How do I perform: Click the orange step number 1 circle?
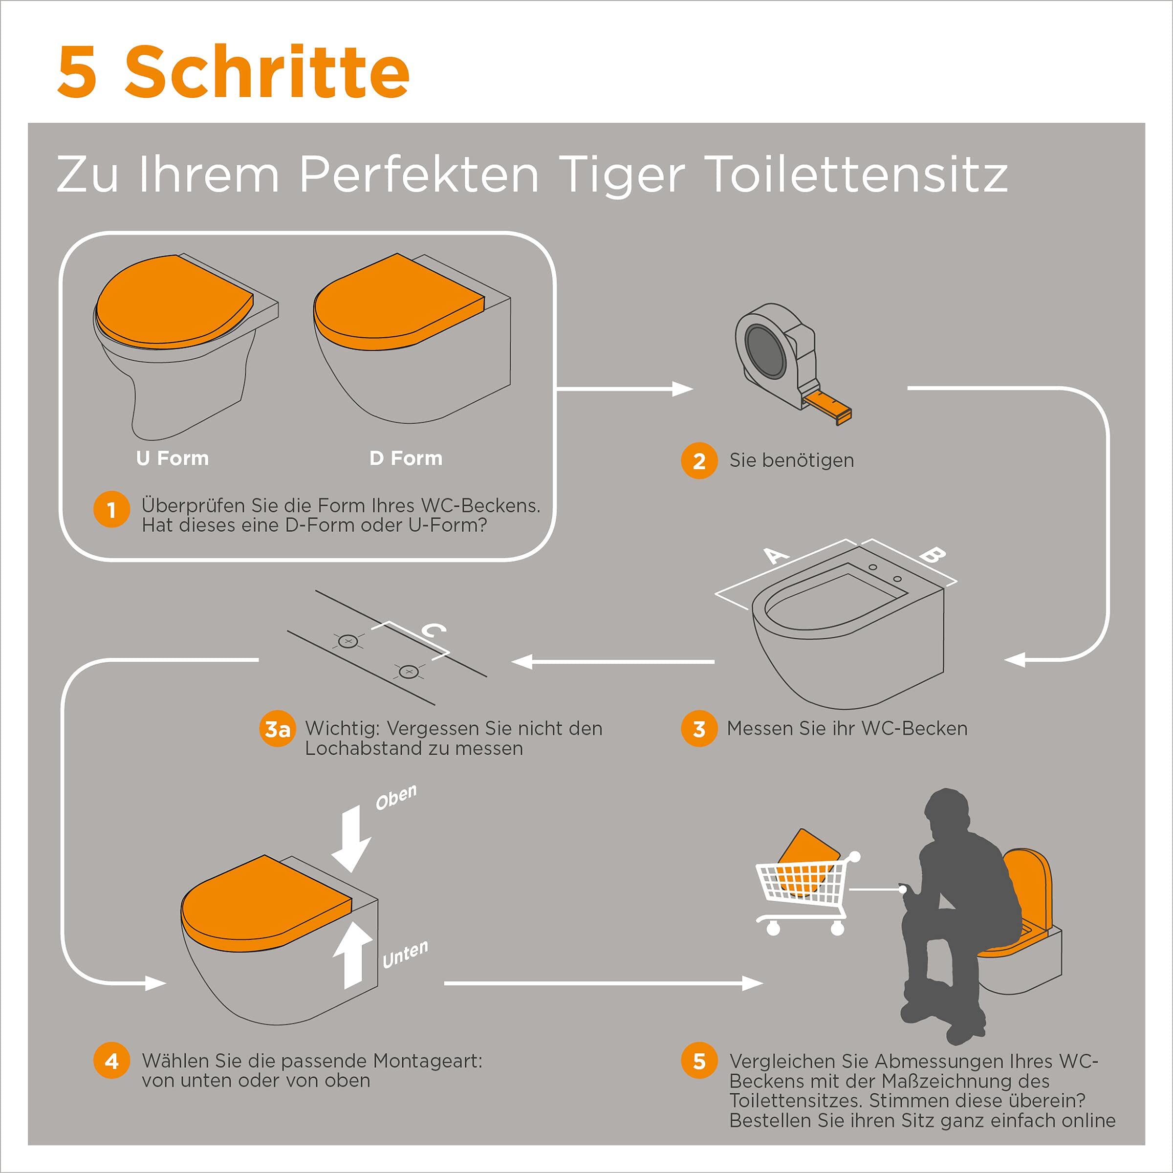point(112,509)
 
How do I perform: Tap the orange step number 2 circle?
point(699,461)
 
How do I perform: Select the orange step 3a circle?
point(278,729)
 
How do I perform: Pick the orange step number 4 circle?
point(112,1061)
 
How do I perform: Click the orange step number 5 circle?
point(699,1061)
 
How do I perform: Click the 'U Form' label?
point(173,458)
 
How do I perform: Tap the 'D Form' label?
point(406,458)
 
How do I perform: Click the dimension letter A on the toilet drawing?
point(775,555)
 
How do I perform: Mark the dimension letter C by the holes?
point(434,631)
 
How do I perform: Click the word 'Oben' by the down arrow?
point(396,797)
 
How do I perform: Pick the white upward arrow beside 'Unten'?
point(352,955)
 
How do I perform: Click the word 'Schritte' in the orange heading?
point(267,72)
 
